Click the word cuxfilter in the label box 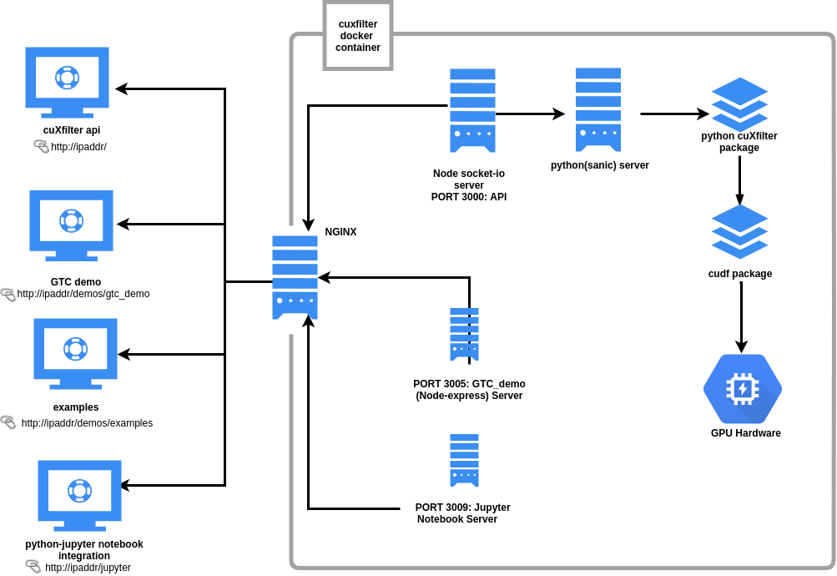pyautogui.click(x=358, y=24)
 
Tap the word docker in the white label pyautogui.click(x=357, y=36)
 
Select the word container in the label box pyautogui.click(x=358, y=48)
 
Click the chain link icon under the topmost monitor pyautogui.click(x=42, y=145)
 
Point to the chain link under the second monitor pyautogui.click(x=8, y=294)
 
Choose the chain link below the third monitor pyautogui.click(x=8, y=421)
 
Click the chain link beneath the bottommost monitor pyautogui.click(x=33, y=565)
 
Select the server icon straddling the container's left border pyautogui.click(x=295, y=277)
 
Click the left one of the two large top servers pyautogui.click(x=472, y=110)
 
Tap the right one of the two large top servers pyautogui.click(x=598, y=109)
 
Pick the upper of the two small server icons pyautogui.click(x=464, y=334)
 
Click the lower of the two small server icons pyautogui.click(x=464, y=460)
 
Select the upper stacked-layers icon pyautogui.click(x=739, y=104)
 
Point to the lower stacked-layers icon pyautogui.click(x=739, y=231)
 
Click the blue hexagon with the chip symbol pyautogui.click(x=742, y=388)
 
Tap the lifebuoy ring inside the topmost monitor pyautogui.click(x=67, y=77)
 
